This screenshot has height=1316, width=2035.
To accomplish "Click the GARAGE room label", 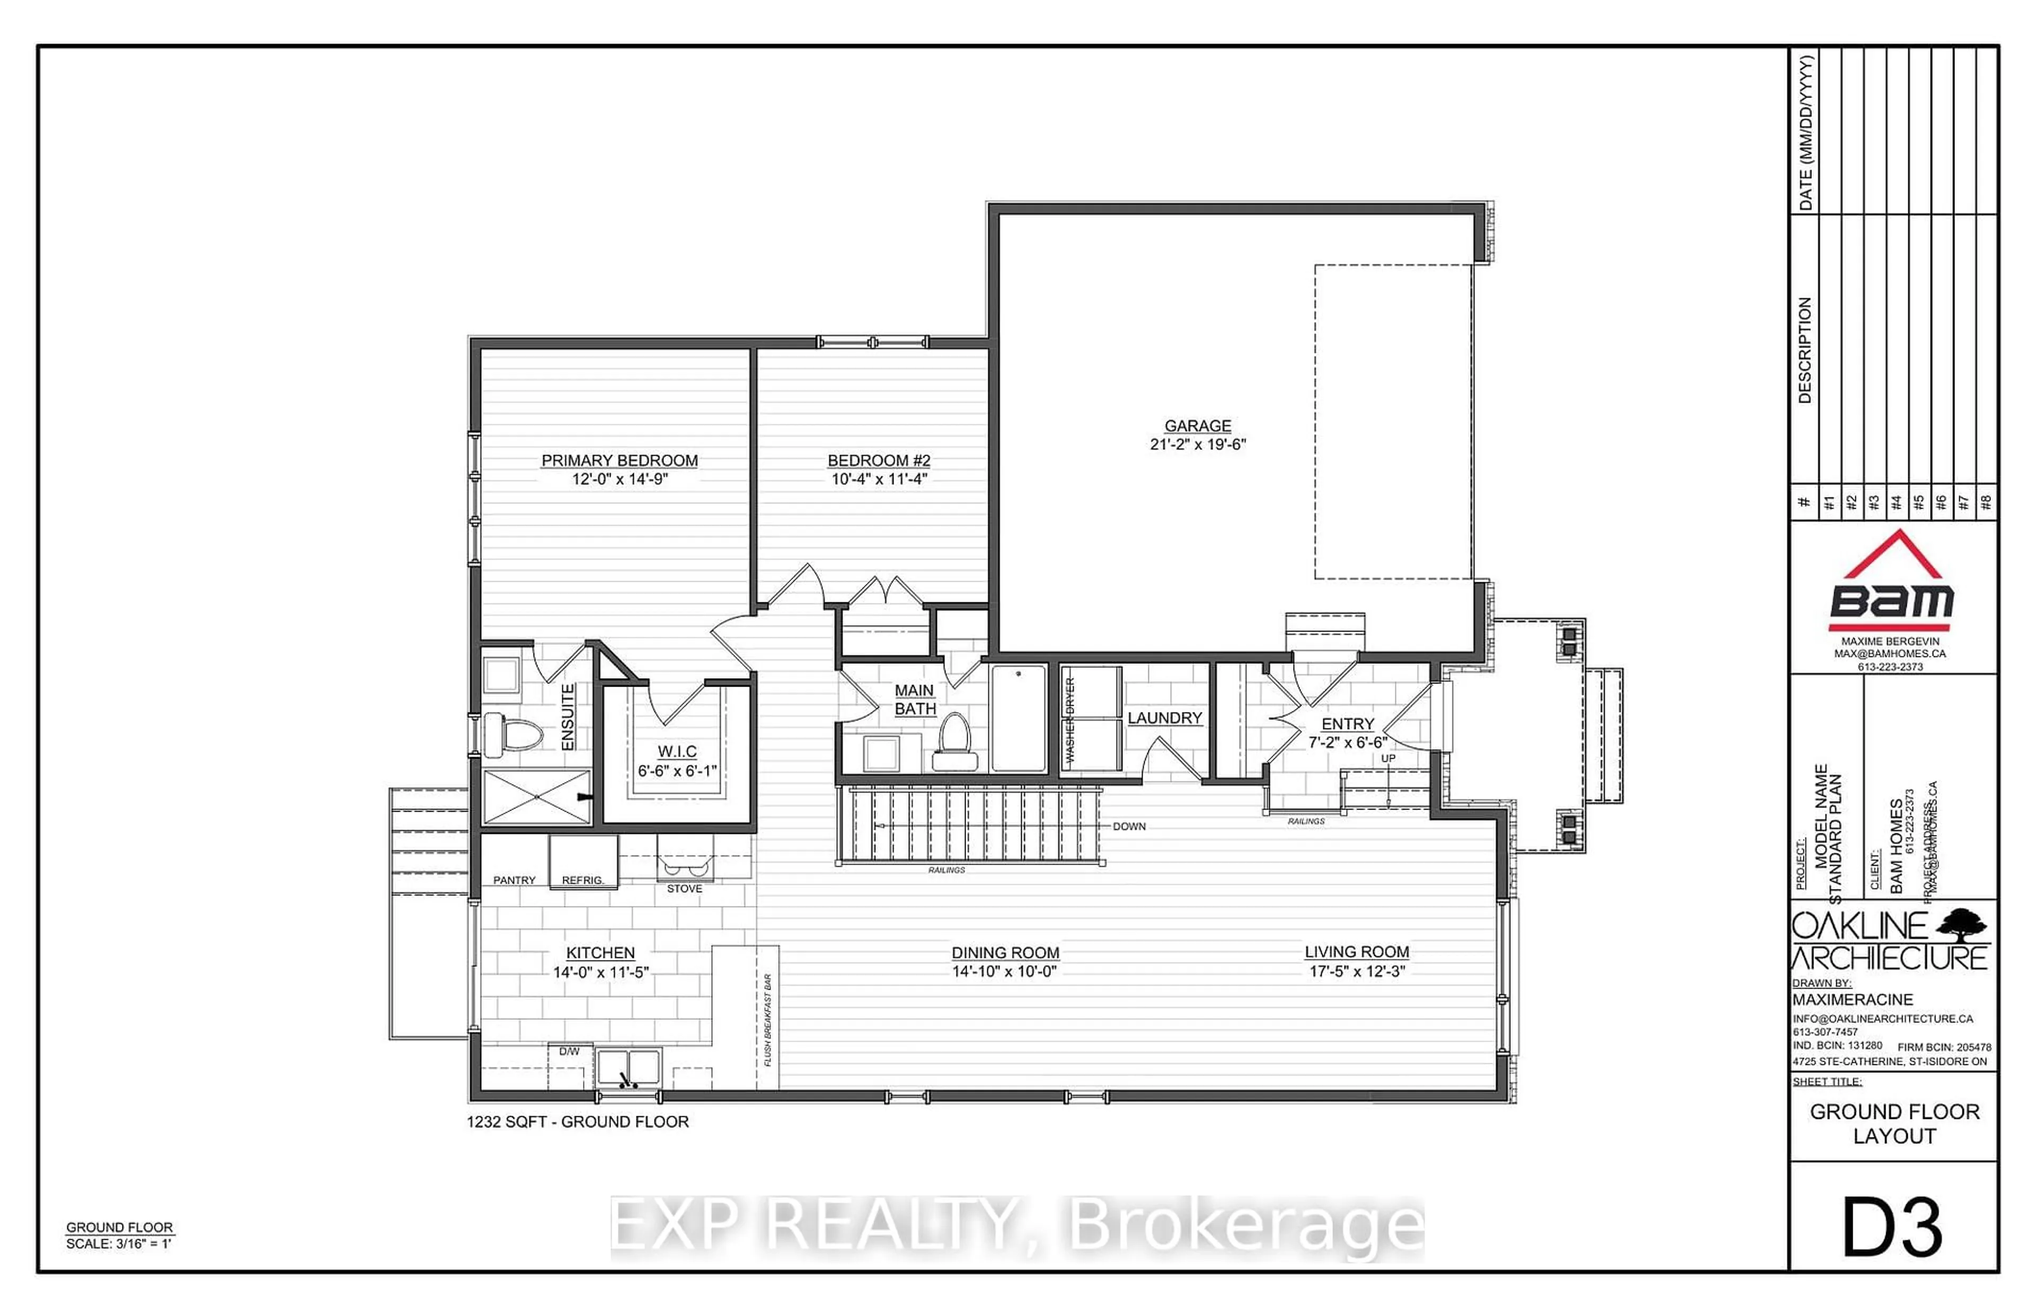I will (1197, 425).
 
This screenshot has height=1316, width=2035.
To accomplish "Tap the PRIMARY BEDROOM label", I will (619, 460).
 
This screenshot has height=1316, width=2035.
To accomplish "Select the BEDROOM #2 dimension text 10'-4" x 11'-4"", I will (879, 479).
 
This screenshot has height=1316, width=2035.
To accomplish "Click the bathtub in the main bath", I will (1018, 718).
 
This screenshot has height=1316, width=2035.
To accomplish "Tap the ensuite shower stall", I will (536, 796).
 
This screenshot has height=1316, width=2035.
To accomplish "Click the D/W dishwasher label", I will (569, 1051).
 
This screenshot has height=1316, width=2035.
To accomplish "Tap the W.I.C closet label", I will (676, 751).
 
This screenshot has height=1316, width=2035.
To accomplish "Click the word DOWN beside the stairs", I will (1128, 826).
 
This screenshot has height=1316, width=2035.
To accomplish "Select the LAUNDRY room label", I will (1164, 718).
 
